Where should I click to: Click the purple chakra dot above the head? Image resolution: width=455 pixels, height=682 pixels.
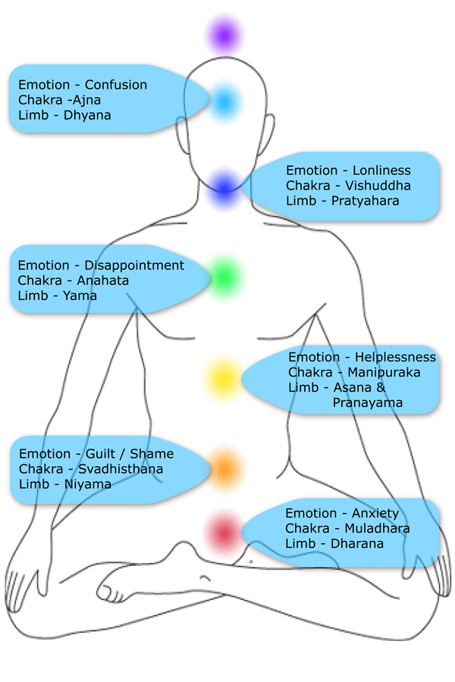(x=224, y=35)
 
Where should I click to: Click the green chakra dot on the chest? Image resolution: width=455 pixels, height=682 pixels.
(x=224, y=277)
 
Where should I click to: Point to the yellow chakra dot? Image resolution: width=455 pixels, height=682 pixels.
(x=224, y=377)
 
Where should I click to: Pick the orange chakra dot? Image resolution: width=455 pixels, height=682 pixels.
(x=224, y=468)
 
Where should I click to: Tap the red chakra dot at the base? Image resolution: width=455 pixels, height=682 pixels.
(x=224, y=533)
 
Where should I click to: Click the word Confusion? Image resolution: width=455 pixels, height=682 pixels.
(x=115, y=85)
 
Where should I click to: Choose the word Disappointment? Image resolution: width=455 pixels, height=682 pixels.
(x=134, y=265)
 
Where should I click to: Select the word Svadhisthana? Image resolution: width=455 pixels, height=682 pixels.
(x=121, y=469)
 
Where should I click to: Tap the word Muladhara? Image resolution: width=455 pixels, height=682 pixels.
(x=378, y=528)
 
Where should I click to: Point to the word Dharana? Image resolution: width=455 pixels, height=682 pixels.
(x=356, y=543)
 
